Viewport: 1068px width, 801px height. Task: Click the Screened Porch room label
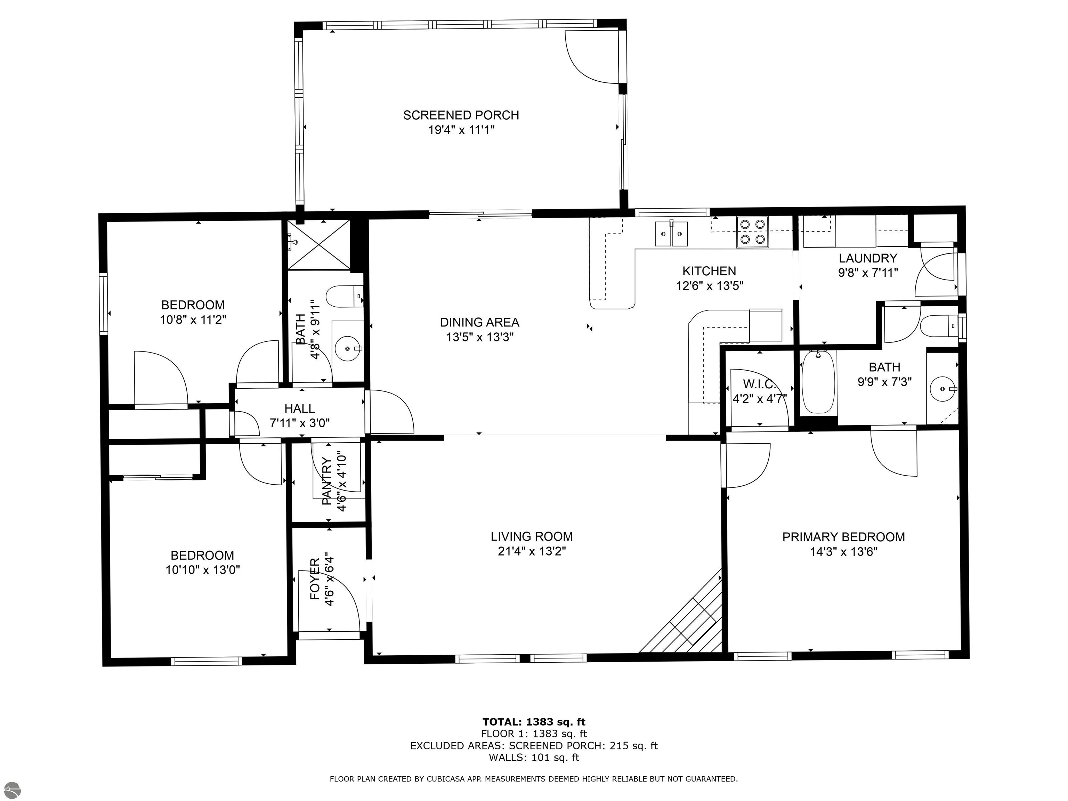[461, 115]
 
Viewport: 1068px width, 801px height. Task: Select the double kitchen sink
[671, 234]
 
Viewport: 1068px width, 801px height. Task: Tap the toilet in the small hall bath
[344, 296]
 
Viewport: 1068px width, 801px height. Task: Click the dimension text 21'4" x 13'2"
[532, 551]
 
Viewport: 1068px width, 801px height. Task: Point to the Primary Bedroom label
[843, 537]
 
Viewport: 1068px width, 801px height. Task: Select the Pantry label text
[326, 482]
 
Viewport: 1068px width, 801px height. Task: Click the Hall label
[299, 408]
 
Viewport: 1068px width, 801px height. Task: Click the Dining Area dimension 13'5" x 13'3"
[479, 337]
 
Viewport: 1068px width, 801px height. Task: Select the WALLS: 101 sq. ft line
[534, 758]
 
